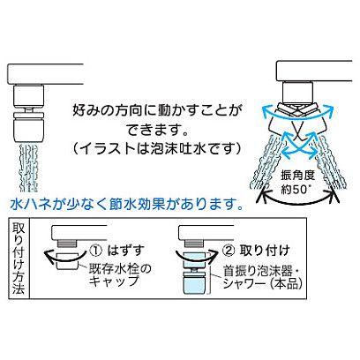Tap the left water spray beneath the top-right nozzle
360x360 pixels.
[x=264, y=163]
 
